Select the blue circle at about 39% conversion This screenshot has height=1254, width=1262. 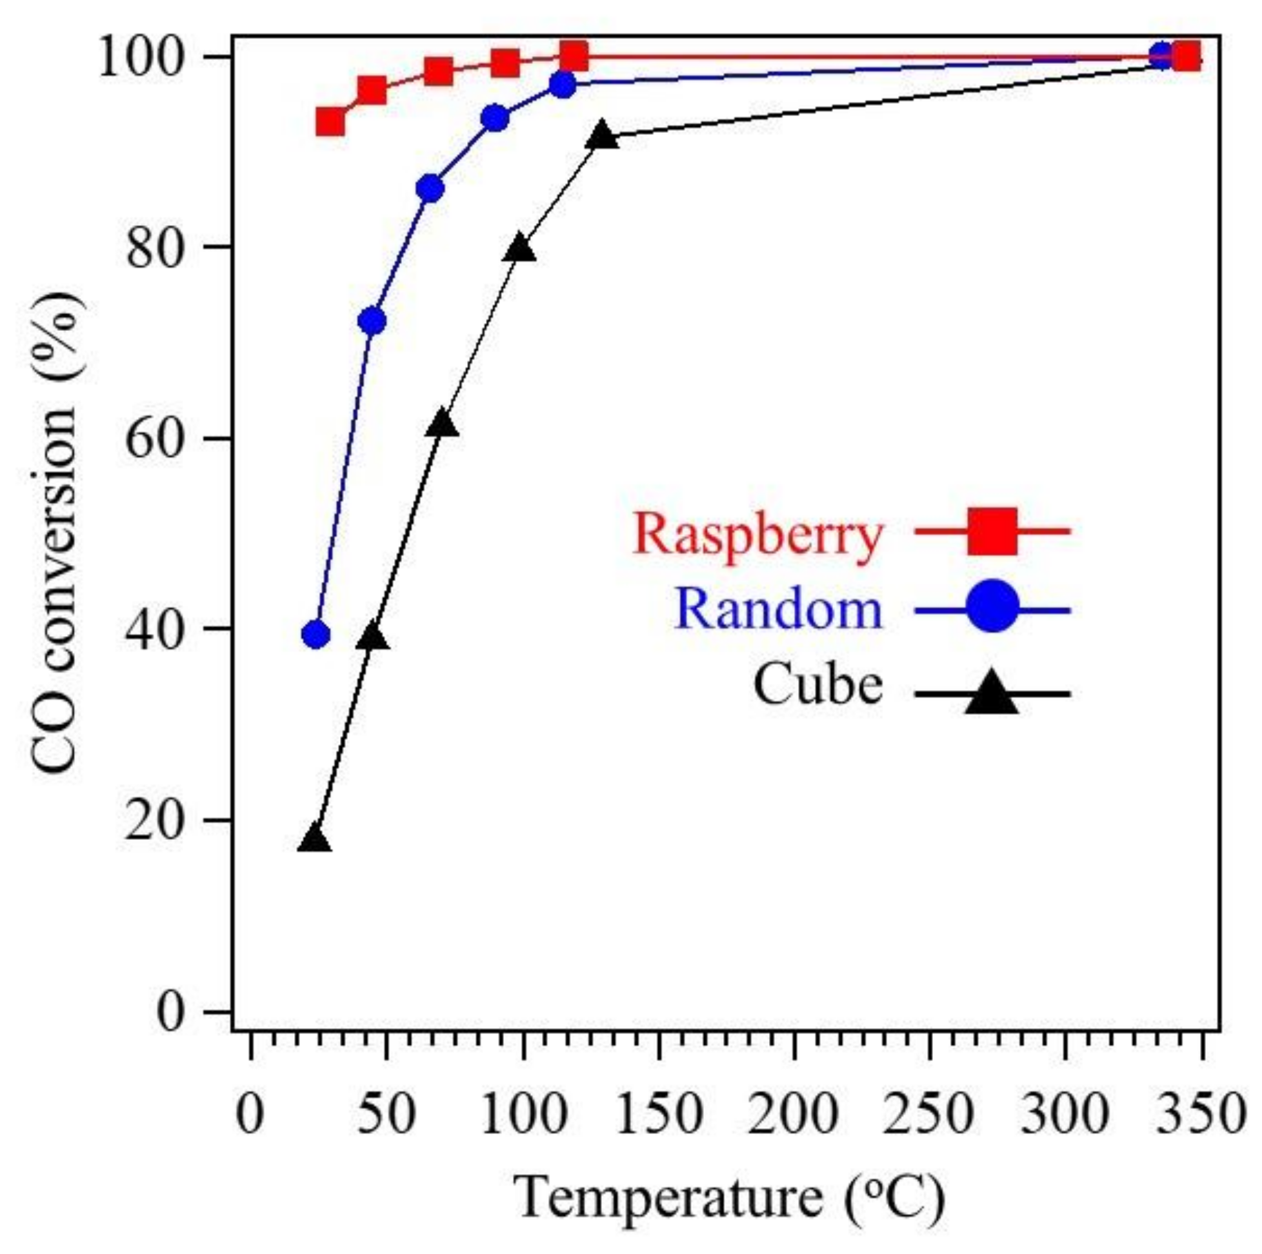[316, 635]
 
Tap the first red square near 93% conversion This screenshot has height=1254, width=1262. [330, 121]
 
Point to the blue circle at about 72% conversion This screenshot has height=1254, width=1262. [372, 321]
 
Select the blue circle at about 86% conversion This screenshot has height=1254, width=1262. [430, 190]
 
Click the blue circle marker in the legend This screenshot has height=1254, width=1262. [992, 610]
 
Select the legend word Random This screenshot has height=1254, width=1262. [779, 611]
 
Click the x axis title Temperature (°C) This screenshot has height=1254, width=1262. [730, 1199]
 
